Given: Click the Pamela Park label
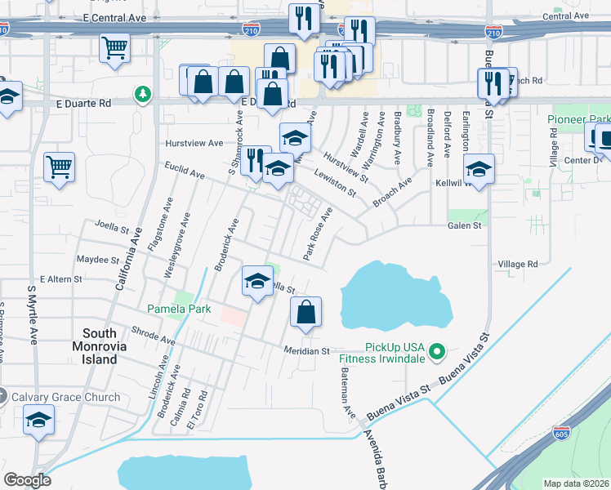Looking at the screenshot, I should coord(179,309).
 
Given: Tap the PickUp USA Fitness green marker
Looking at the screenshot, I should coord(437,352).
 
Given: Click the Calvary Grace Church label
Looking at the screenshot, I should coord(65,398).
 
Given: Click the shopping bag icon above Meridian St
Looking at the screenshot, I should coord(305,311).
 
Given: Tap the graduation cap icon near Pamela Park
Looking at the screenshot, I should coord(257,282).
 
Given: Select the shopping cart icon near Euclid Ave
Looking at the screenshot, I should coord(60,167).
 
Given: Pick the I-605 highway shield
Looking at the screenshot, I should coord(561,432).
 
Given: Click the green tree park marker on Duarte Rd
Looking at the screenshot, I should coord(144,95).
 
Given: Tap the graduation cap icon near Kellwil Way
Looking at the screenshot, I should coord(479,169).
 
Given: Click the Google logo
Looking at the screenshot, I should coord(27,480).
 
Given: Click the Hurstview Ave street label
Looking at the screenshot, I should coord(194,143).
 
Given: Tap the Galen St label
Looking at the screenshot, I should coord(464,225).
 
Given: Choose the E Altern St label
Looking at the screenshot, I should coord(61,279).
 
